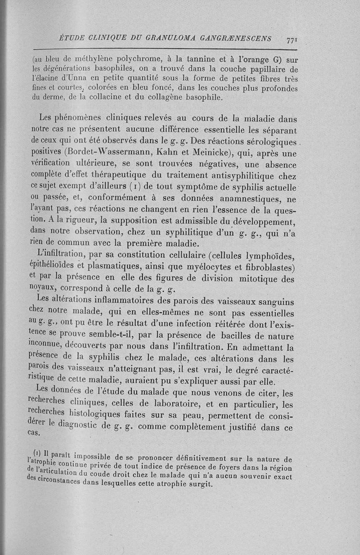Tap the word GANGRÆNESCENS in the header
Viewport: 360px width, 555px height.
tap(238, 39)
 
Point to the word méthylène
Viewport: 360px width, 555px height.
tap(84, 59)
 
